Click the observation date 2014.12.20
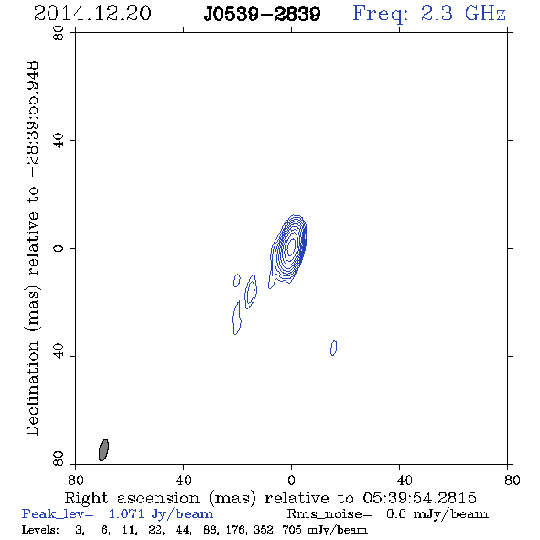[x=92, y=14]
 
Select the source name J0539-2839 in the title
[x=262, y=14]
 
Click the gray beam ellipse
[x=103, y=450]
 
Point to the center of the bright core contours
[x=291, y=246]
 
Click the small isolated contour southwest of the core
[x=333, y=348]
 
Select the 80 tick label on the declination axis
[x=59, y=33]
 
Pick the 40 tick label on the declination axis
[x=59, y=141]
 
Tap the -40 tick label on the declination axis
[x=59, y=356]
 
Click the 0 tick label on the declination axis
[x=59, y=248]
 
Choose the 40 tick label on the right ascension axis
[x=183, y=481]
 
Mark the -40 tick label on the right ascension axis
[x=399, y=481]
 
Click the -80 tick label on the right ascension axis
[x=507, y=481]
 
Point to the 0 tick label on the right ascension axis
[x=291, y=481]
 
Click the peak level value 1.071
[x=126, y=513]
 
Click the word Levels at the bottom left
[x=40, y=529]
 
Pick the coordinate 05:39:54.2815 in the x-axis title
[x=419, y=498]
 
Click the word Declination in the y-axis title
[x=32, y=389]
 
